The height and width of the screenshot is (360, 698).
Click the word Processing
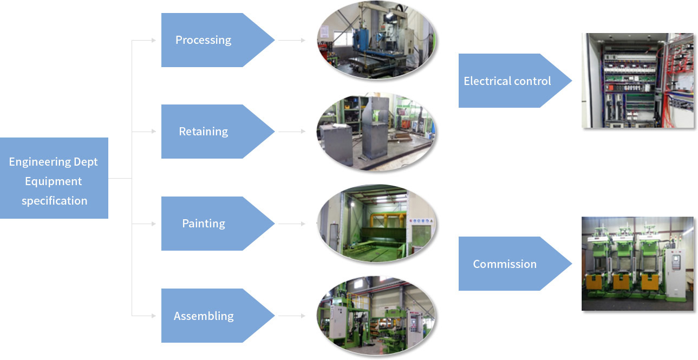(203, 40)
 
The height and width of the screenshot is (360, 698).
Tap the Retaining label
(203, 132)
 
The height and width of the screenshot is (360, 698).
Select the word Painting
(204, 224)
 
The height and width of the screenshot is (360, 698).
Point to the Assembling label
(204, 316)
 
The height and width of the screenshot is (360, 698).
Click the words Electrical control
(507, 81)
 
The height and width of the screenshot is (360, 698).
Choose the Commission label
(505, 264)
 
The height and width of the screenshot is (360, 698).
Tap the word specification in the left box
(54, 201)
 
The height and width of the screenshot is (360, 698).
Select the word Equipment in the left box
(53, 181)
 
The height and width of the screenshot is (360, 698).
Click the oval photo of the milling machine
(376, 40)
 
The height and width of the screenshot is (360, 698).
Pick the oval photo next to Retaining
(376, 132)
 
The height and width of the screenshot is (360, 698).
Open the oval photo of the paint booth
(376, 223)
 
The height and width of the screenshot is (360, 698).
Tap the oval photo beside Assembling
(376, 316)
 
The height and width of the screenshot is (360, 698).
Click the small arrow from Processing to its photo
(292, 40)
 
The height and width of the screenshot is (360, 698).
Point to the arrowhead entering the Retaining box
(154, 132)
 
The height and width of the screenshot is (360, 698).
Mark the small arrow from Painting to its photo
(292, 224)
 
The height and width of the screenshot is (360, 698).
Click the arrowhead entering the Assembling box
(154, 316)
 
